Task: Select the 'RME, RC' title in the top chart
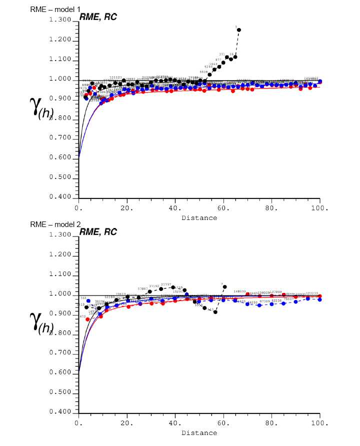point(98,18)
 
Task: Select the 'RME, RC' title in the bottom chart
point(98,232)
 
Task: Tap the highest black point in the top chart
point(239,30)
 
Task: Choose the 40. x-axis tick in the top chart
point(175,207)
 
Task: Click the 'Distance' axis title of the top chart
point(199,217)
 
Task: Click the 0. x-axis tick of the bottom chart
point(78,423)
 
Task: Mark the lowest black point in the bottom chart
point(215,312)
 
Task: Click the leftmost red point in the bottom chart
point(88,319)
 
